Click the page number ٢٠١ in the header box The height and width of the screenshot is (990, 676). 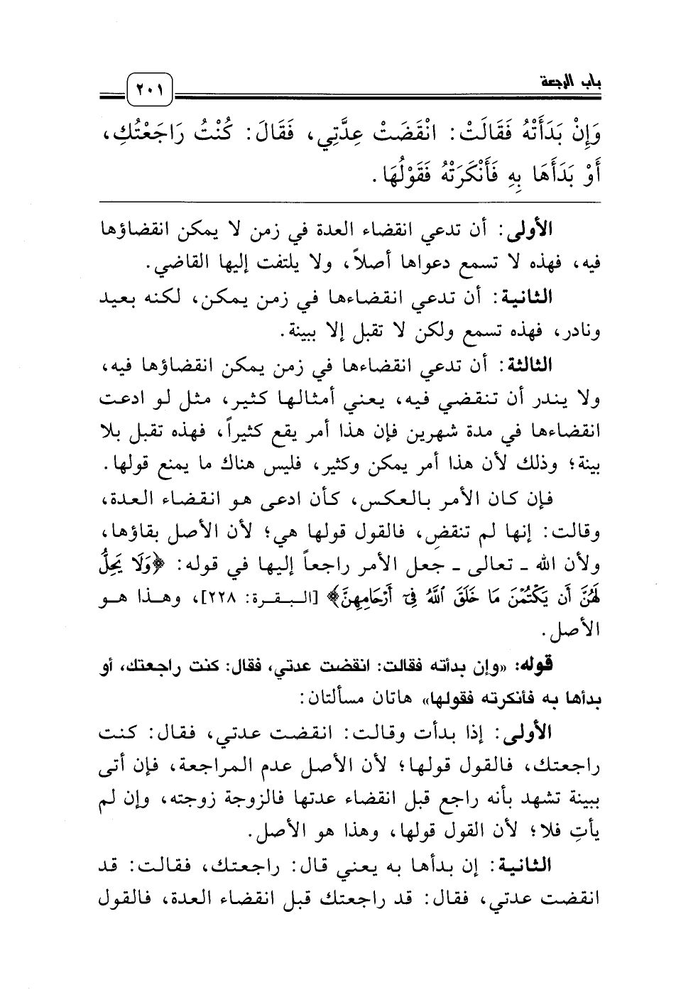point(151,90)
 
